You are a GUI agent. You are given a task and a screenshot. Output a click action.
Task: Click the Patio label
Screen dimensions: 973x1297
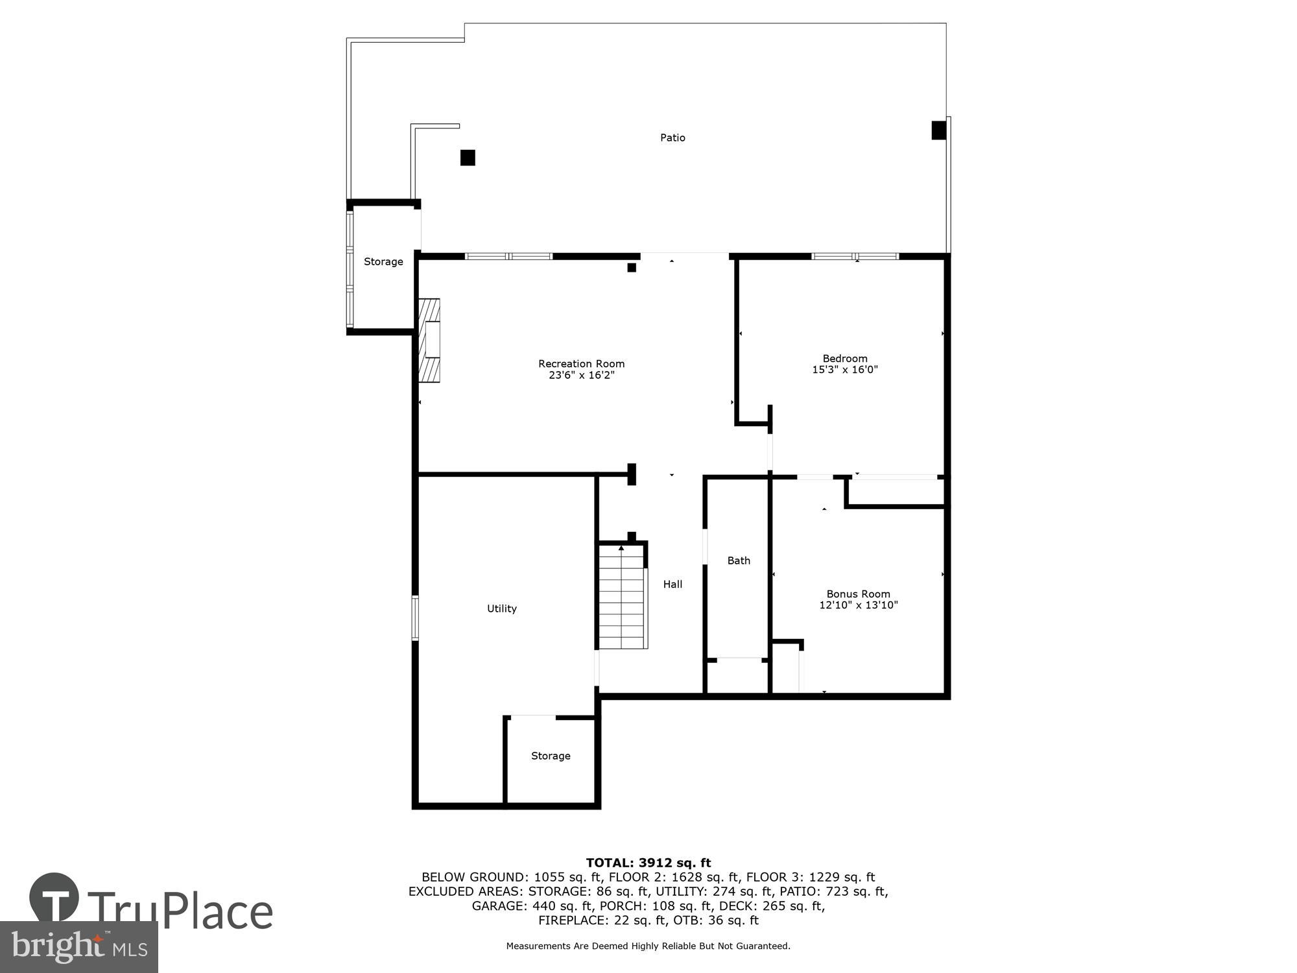pos(672,138)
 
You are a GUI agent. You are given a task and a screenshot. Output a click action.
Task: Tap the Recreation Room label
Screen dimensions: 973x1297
pos(581,364)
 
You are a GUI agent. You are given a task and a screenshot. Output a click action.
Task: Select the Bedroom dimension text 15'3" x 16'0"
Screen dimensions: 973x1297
pos(844,370)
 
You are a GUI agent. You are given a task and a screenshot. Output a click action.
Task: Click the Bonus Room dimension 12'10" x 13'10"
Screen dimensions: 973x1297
pos(858,605)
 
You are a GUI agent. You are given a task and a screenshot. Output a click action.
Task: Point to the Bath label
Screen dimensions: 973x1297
pos(738,560)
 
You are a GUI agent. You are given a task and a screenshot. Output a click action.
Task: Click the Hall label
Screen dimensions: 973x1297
pos(672,584)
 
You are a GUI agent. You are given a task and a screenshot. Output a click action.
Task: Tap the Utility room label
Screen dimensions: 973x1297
pos(501,608)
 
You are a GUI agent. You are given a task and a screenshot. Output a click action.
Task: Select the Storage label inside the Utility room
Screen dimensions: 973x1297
pos(551,756)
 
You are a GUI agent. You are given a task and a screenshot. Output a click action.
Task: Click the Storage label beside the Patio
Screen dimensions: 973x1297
pos(383,261)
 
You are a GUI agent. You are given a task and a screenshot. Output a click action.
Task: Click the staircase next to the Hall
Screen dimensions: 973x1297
pos(622,597)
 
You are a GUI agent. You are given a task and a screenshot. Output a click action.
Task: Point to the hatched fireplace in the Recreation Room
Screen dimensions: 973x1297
pos(429,341)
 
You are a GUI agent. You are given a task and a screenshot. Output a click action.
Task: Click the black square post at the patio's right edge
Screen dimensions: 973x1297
pos(938,130)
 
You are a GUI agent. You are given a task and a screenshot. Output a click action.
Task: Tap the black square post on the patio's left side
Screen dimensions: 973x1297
pos(468,158)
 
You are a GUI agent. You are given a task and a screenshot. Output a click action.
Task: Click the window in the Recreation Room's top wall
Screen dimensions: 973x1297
pos(509,256)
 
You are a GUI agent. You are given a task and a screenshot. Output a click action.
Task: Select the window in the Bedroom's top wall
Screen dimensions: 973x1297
pos(855,256)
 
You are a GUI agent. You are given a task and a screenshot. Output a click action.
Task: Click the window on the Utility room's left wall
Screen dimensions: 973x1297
pos(415,618)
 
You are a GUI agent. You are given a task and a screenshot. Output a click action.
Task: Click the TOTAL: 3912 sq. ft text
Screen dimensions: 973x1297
pos(648,863)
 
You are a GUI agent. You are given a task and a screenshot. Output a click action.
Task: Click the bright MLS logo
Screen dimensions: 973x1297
pos(79,947)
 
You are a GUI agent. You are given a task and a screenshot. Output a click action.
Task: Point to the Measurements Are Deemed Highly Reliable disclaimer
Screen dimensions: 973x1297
pos(648,946)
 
